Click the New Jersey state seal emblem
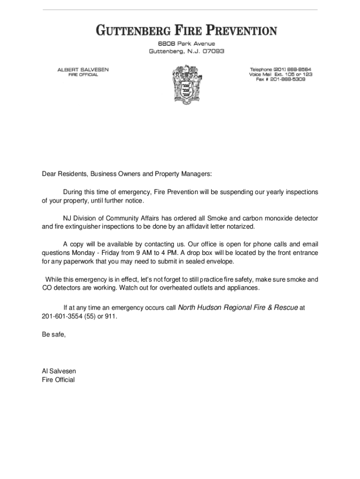(x=187, y=86)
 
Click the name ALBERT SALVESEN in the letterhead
(x=83, y=69)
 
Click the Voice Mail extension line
(x=281, y=74)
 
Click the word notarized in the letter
(x=240, y=226)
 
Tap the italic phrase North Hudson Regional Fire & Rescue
(x=238, y=308)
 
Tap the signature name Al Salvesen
(x=59, y=371)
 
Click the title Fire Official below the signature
(x=58, y=380)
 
